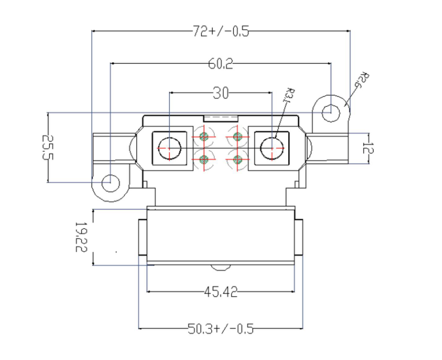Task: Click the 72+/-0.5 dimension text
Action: click(x=220, y=32)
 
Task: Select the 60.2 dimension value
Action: click(x=220, y=64)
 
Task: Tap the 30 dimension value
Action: click(x=220, y=93)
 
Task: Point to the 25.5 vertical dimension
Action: click(x=48, y=147)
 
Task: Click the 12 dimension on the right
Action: click(x=367, y=149)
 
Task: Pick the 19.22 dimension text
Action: click(x=80, y=237)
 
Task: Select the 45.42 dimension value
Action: click(x=220, y=292)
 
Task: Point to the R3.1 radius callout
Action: click(x=289, y=97)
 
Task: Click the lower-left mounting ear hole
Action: click(x=110, y=182)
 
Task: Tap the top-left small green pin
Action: click(x=204, y=136)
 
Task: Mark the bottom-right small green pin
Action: click(x=237, y=159)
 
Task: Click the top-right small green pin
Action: click(x=237, y=136)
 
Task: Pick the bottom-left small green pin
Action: click(x=204, y=159)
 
